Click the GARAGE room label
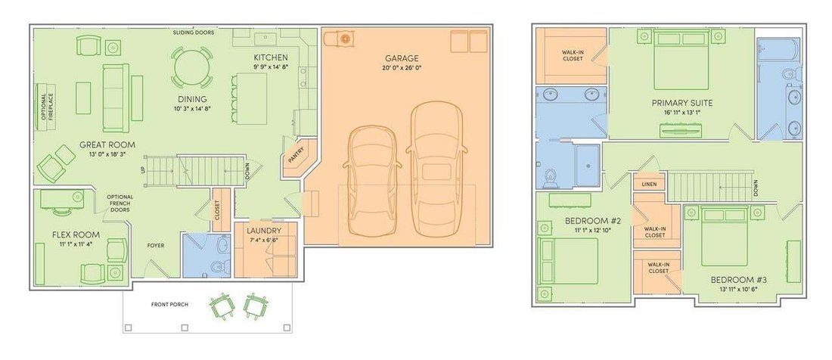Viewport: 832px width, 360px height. click(402, 58)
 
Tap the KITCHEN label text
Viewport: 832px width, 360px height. click(271, 57)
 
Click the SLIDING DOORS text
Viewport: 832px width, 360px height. click(194, 33)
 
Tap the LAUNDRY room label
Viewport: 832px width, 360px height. click(264, 231)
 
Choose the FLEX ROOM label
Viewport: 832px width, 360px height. click(76, 234)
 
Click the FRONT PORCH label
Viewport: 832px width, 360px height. click(169, 304)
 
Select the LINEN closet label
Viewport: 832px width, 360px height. click(649, 184)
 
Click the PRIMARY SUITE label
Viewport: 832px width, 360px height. click(681, 103)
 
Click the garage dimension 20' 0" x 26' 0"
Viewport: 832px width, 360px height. click(402, 68)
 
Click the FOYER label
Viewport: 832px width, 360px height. click(156, 246)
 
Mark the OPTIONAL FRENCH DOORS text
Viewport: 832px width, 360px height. click(120, 203)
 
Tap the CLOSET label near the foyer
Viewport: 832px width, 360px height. click(218, 210)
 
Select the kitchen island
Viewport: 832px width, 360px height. click(253, 98)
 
